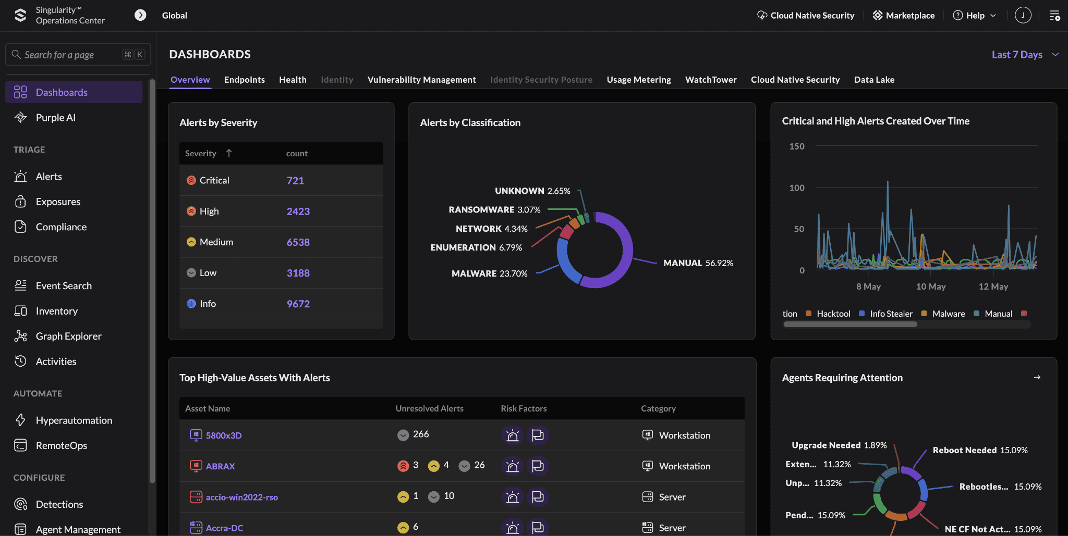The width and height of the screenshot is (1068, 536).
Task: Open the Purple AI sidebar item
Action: [x=55, y=118]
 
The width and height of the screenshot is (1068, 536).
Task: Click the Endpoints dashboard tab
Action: [x=245, y=80]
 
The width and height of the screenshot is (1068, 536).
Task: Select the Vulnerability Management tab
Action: [x=421, y=80]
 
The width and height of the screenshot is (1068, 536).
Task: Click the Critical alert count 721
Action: [x=295, y=181]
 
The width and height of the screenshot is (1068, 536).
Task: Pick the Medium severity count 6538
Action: [x=298, y=242]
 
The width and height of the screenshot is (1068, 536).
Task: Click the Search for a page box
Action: [x=78, y=55]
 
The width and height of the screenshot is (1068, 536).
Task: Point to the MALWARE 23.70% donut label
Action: [x=489, y=273]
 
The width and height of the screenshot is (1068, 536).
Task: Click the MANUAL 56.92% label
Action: [x=698, y=263]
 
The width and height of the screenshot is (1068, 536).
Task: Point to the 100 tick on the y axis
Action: [x=797, y=188]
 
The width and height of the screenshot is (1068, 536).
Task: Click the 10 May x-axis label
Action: [x=931, y=286]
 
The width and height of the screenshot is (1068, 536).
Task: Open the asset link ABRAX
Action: [x=220, y=466]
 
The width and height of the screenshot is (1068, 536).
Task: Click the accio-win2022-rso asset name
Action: [x=242, y=497]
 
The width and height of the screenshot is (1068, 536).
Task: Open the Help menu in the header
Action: [x=975, y=16]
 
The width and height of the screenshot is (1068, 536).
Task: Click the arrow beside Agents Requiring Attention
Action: [x=1037, y=377]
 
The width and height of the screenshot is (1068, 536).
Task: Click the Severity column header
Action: [x=201, y=153]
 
